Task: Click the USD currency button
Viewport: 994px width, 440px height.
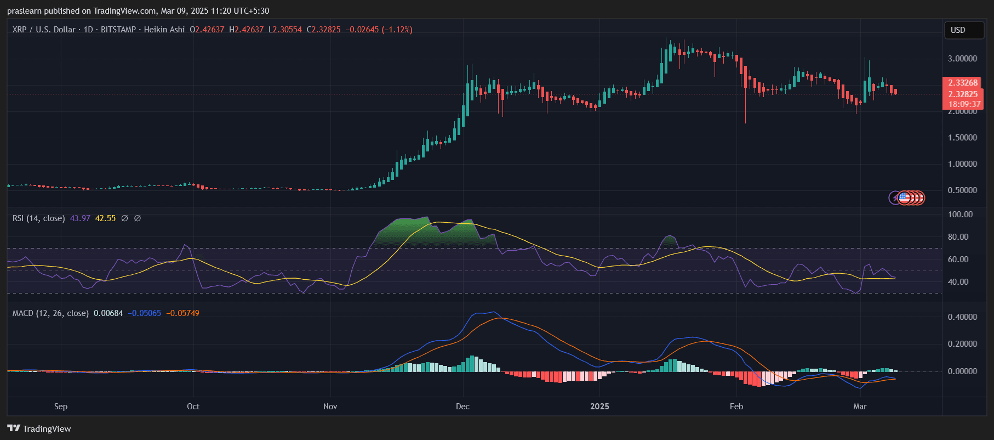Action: tap(958, 30)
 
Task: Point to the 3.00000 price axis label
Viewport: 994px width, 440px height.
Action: tap(962, 59)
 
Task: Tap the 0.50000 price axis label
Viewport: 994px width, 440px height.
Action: tap(962, 190)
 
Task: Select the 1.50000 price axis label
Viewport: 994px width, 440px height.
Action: tap(962, 138)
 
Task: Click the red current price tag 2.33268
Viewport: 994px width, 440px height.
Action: tap(963, 83)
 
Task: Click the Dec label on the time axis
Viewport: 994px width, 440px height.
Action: tap(462, 407)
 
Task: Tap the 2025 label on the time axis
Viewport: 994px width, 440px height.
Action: tap(599, 407)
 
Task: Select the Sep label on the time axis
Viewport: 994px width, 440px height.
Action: tap(61, 407)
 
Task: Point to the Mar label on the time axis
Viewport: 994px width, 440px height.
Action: tap(860, 407)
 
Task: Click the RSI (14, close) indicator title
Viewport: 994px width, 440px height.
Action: tap(38, 218)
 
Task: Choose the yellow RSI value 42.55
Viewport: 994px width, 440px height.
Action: tap(105, 218)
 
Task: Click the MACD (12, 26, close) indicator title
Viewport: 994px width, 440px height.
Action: tap(50, 313)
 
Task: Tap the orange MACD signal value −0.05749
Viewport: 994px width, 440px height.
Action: tap(182, 313)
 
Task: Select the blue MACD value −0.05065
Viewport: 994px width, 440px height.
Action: tap(145, 313)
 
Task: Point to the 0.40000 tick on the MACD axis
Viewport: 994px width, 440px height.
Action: tap(962, 317)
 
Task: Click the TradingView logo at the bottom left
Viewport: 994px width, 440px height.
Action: tap(39, 428)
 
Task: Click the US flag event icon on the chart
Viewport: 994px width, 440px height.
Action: tap(904, 198)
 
